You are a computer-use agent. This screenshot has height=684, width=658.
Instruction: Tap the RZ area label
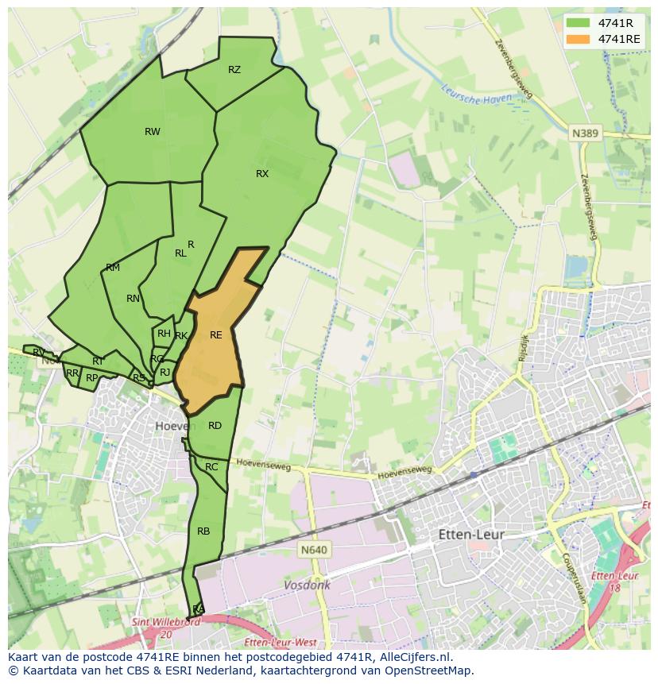[x=234, y=70]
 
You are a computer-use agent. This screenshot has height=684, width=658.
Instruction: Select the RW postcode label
[x=152, y=132]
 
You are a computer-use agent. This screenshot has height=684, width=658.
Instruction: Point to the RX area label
[x=262, y=174]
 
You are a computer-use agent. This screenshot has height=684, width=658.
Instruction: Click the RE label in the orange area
[x=215, y=335]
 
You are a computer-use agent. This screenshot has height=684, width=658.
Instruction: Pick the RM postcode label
[x=113, y=268]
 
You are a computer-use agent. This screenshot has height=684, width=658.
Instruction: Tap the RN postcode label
[x=133, y=299]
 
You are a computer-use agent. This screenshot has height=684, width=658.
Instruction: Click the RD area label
[x=215, y=426]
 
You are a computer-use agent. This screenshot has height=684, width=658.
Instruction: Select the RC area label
[x=211, y=467]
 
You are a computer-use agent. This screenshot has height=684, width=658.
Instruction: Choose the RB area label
[x=203, y=531]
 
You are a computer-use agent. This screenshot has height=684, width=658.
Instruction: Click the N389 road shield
[x=585, y=134]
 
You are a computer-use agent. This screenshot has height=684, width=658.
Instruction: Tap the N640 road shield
[x=314, y=549]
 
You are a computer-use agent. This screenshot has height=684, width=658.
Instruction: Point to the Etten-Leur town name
[x=471, y=535]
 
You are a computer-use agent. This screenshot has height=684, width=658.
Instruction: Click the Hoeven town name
[x=175, y=426]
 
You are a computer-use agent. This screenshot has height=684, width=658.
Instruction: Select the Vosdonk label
[x=307, y=585]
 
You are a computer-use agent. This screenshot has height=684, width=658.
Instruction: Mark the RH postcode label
[x=164, y=334]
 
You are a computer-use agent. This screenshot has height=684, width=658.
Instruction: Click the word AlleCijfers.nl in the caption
[x=412, y=657]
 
